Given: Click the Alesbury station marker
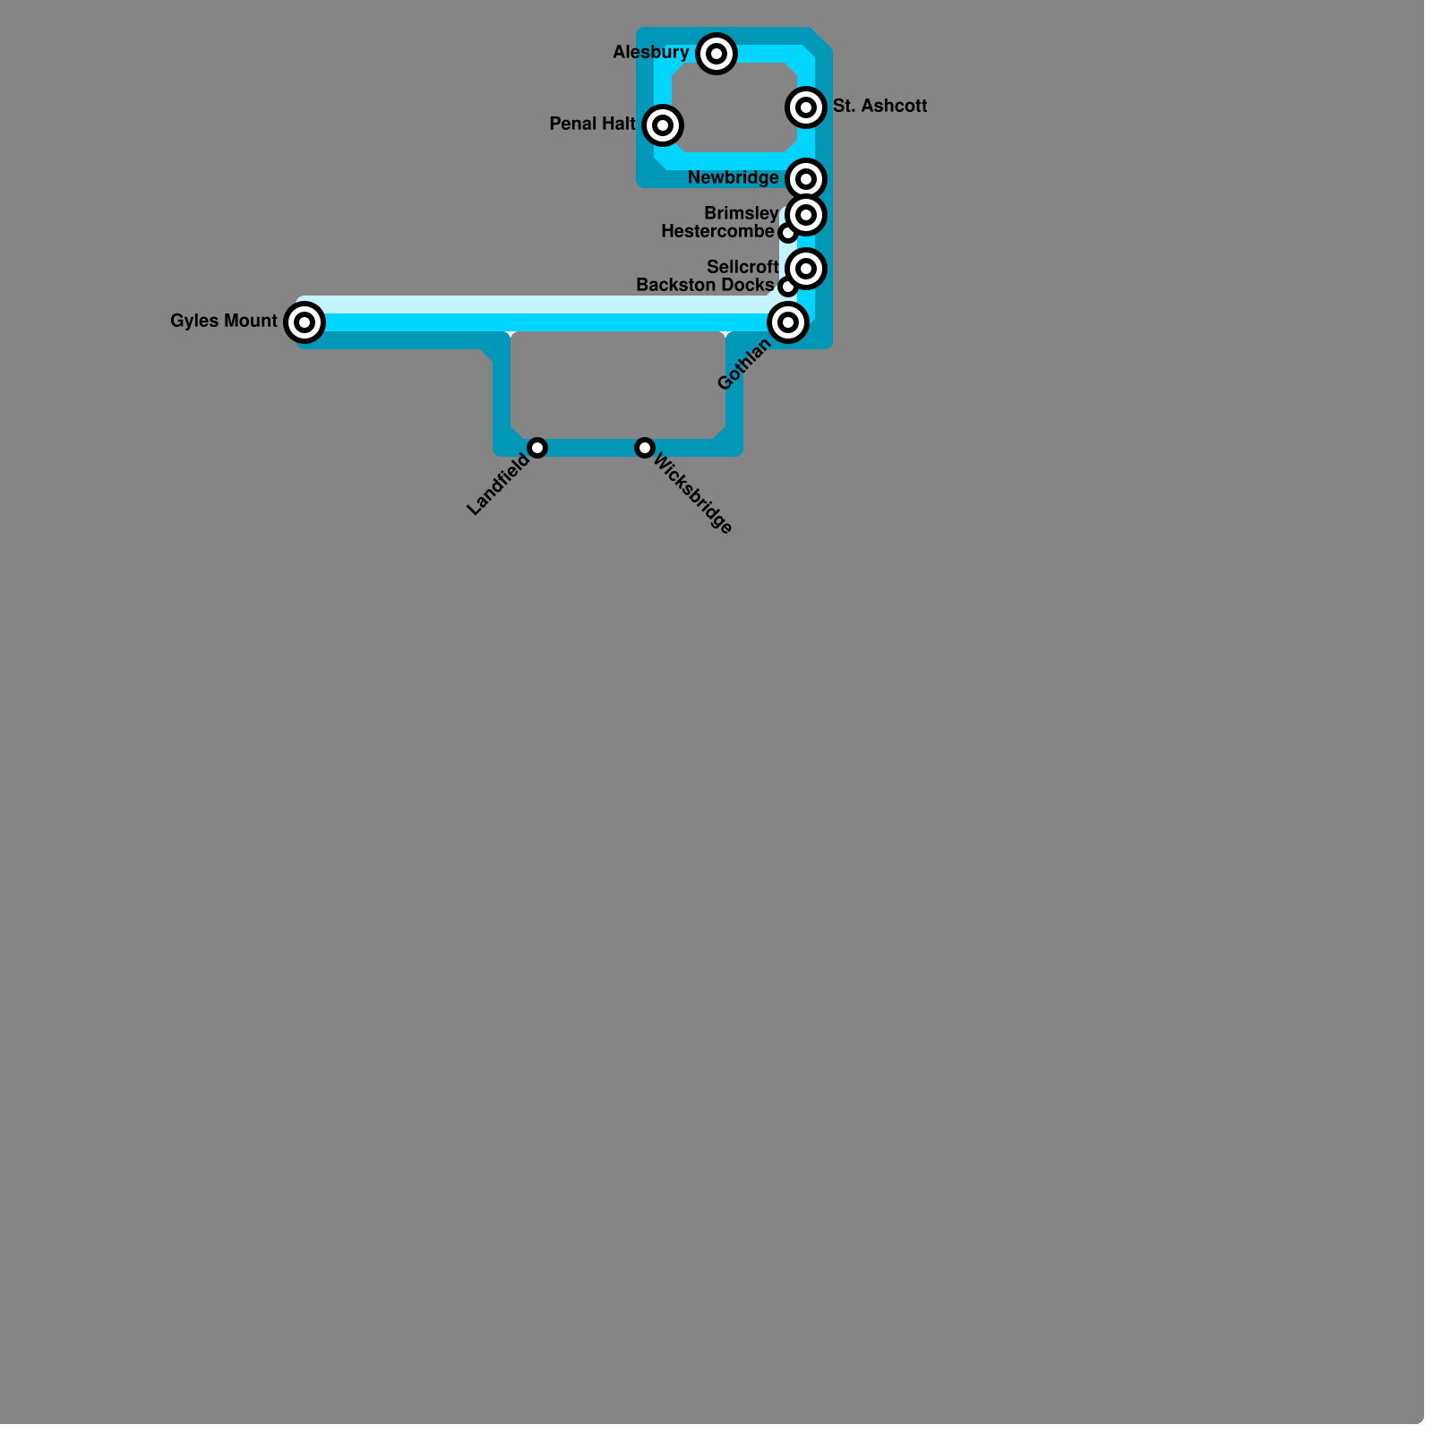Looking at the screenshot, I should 716,54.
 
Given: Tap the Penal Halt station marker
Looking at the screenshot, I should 663,125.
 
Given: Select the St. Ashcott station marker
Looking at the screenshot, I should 806,107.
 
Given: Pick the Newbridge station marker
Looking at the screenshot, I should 806,179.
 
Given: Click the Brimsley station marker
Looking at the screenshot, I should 806,215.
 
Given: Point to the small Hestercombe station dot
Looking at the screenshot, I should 787,233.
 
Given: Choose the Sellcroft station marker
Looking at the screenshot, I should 806,269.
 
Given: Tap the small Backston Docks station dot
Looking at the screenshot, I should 787,287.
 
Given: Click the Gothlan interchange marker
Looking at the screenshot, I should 788,322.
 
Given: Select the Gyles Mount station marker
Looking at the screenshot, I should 305,322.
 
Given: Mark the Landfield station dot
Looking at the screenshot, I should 537,448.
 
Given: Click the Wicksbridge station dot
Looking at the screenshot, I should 645,448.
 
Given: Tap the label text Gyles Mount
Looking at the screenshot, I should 224,321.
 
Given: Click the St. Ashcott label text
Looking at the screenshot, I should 880,106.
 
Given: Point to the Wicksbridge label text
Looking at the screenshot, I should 693,493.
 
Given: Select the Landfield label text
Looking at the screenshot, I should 499,485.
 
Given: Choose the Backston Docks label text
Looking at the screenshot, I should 705,285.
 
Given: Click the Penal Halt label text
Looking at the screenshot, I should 592,124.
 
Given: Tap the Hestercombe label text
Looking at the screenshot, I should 717,232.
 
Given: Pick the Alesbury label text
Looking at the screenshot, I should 651,53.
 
